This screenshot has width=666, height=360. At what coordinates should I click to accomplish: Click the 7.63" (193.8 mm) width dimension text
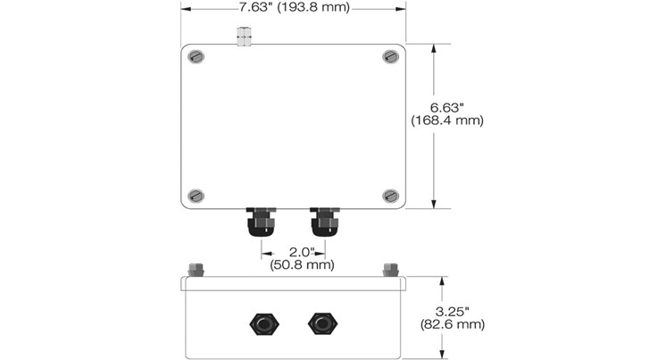pyautogui.click(x=293, y=8)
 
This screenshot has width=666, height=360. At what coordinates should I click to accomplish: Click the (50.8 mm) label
pyautogui.click(x=302, y=264)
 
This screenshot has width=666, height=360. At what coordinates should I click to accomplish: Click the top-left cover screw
pyautogui.click(x=197, y=58)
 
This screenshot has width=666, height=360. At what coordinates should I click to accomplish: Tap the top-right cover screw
pyautogui.click(x=389, y=57)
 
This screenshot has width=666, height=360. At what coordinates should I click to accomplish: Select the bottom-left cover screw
pyautogui.click(x=197, y=196)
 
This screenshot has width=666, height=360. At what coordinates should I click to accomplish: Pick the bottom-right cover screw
pyautogui.click(x=389, y=195)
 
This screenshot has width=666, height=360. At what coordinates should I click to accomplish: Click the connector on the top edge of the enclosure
pyautogui.click(x=242, y=37)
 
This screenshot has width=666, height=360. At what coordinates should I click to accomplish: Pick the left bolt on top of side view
pyautogui.click(x=196, y=269)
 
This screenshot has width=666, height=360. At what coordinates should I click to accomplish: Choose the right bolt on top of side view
pyautogui.click(x=390, y=269)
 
